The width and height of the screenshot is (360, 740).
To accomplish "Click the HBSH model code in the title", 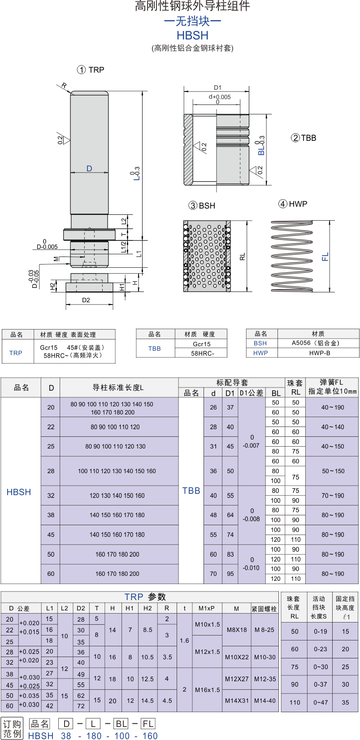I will (192, 35).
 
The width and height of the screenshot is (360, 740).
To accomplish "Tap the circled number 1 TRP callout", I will (91, 70).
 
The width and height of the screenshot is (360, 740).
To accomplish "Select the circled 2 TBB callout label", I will (304, 138).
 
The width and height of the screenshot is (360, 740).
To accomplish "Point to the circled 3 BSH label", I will (202, 205).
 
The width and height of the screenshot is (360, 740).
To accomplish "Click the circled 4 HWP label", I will (293, 204).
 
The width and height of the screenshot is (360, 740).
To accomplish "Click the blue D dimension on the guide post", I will (89, 169).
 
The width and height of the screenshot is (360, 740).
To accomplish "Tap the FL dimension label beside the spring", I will (325, 257).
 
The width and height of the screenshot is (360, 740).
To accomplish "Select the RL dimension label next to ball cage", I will (243, 257).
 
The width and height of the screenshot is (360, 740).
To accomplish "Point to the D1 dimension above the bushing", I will (217, 88).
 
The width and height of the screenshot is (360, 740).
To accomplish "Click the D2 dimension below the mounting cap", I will (86, 300).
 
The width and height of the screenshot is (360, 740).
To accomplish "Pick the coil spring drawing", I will (291, 256).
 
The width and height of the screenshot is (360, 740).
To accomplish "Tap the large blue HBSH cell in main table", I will (19, 492).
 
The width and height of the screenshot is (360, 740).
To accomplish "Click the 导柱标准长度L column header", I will (118, 387).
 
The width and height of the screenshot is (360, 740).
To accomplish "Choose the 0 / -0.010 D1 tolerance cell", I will (252, 564).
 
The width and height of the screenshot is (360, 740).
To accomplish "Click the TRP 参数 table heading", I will (145, 597).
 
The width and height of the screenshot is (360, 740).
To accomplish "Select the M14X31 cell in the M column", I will (237, 701).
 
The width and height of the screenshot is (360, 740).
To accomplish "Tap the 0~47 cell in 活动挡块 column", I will (320, 702).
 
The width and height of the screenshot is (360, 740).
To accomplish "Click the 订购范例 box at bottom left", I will (12, 728).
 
